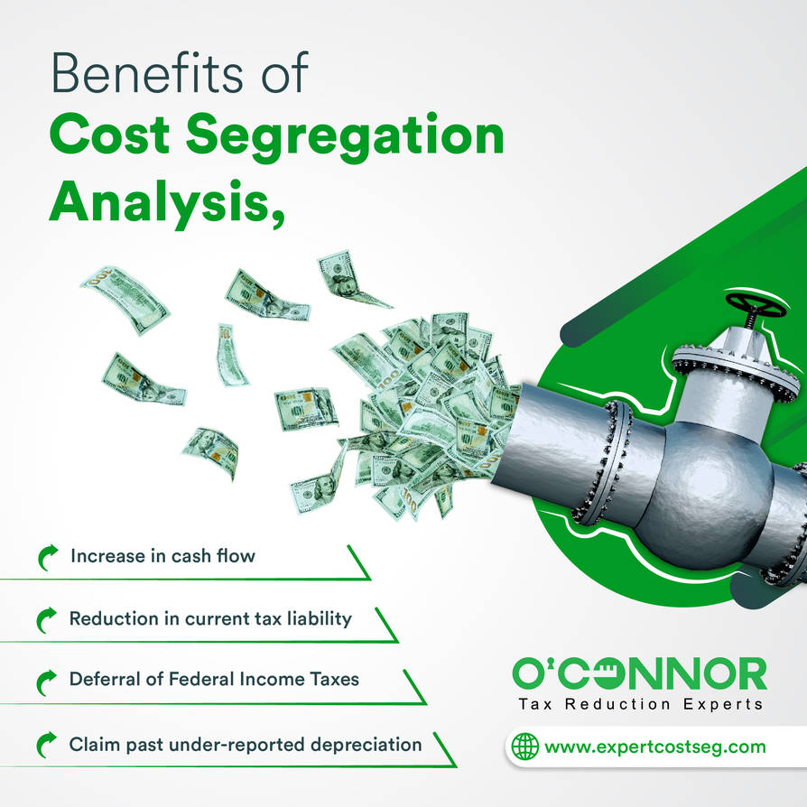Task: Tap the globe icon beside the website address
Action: click(524, 747)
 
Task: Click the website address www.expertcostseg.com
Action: click(655, 747)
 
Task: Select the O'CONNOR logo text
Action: click(639, 672)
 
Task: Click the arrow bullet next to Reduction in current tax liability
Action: click(47, 619)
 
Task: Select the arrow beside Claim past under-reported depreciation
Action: click(47, 745)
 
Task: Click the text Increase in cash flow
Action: click(162, 555)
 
